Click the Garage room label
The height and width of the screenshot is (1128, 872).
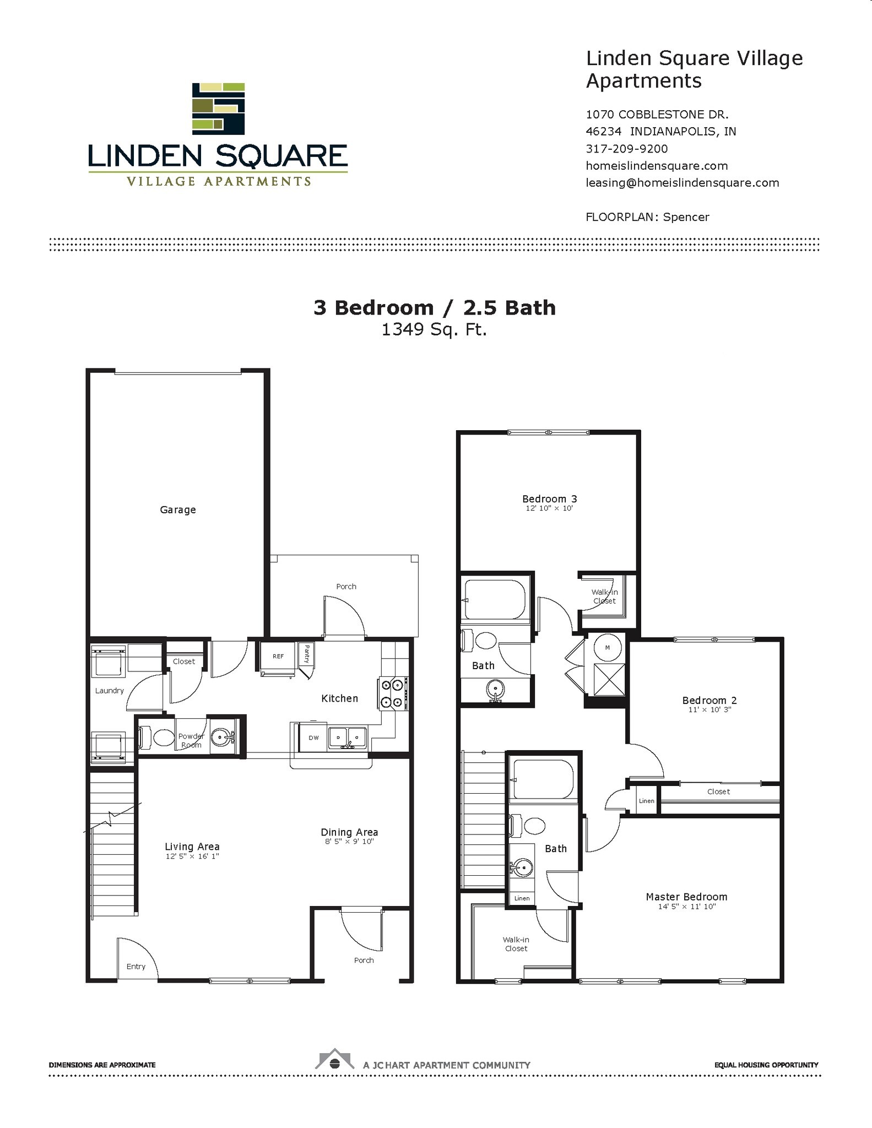tap(177, 509)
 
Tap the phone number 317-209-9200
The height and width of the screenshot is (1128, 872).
tap(626, 149)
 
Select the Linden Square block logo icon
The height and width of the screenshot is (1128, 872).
tap(218, 109)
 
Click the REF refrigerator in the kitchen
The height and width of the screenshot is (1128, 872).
tap(278, 656)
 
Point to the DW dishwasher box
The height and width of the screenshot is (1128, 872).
tap(313, 737)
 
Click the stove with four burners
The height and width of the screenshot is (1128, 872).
tap(392, 693)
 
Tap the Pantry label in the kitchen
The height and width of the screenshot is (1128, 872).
tap(306, 654)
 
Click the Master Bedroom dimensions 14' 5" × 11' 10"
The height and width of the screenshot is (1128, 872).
tap(686, 906)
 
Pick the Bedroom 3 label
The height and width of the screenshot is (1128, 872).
tap(549, 499)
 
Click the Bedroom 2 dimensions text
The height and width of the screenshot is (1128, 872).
tap(709, 710)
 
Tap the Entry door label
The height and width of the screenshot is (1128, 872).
tap(136, 966)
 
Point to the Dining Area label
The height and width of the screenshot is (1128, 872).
tap(349, 832)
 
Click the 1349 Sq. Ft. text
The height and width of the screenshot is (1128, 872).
tap(434, 329)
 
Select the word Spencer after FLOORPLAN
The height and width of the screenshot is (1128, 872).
tap(686, 217)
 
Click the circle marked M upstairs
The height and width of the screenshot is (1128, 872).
tap(607, 648)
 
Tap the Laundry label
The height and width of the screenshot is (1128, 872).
tap(109, 691)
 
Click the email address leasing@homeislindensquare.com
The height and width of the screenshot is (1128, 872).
tap(682, 183)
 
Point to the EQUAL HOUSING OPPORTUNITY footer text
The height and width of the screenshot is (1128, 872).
tap(766, 1065)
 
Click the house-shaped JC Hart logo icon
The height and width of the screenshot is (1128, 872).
tap(334, 1059)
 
